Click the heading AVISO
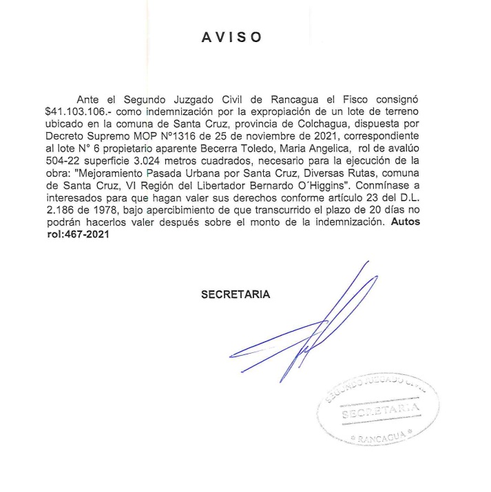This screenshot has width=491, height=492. (231, 38)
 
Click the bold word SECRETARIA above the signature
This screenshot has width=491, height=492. (235, 295)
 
